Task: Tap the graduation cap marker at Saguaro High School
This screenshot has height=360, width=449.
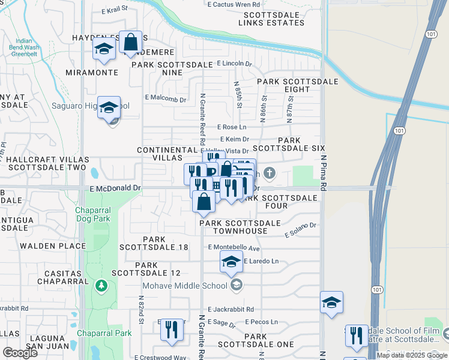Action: pos(109,109)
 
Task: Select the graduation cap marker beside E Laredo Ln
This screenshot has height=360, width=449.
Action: pos(231,262)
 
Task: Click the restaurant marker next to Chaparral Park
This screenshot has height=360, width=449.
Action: pos(172,330)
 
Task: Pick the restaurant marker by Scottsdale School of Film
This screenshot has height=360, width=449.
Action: pos(357,337)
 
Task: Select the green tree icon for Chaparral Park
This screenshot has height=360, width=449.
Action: pos(101,285)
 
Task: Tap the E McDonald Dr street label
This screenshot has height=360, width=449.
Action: pos(115,188)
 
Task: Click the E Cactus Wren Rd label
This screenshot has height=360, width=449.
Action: pos(233,5)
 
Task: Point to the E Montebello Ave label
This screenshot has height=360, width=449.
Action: pos(234,247)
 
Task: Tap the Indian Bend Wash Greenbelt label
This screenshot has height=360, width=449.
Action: pos(24,50)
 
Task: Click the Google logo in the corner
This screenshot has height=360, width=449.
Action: pos(20,352)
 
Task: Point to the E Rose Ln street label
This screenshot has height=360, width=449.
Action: pos(234,127)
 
